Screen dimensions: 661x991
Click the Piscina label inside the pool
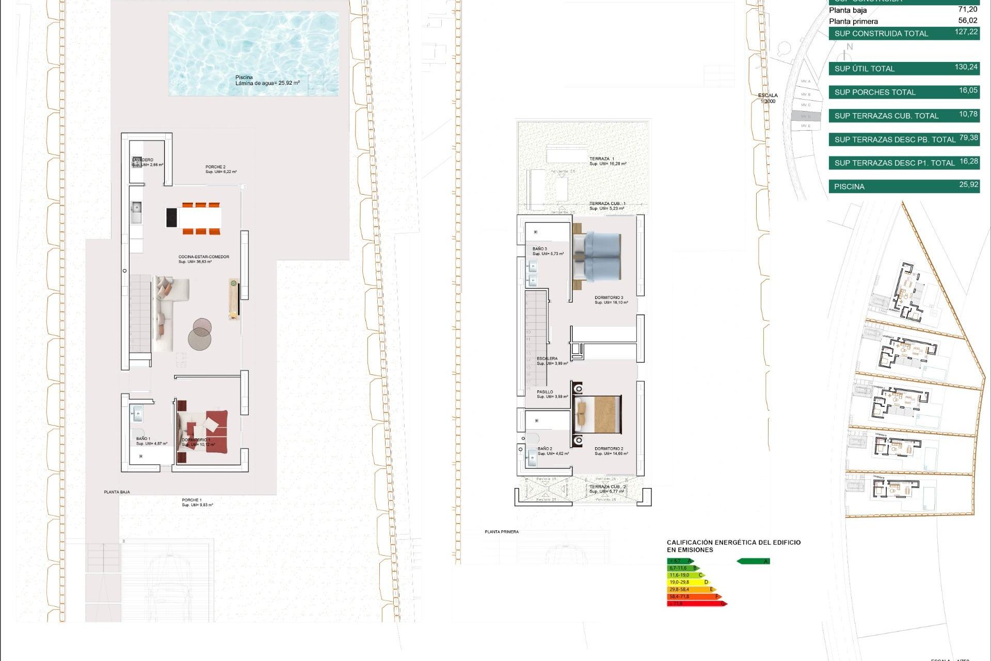[244, 77]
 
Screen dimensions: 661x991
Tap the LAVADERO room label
[143, 160]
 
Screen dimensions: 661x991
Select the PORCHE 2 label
[215, 167]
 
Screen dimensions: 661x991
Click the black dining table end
[171, 217]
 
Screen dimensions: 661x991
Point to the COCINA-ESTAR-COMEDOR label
[204, 257]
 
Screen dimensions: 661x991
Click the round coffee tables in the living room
[200, 334]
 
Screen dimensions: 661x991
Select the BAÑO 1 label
[143, 438]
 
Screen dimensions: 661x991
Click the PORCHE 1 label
[191, 500]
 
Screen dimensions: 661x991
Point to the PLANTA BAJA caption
[117, 492]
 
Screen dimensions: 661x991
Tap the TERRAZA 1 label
[602, 159]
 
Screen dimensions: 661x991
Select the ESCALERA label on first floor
[547, 358]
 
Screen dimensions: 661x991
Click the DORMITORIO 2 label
[609, 449]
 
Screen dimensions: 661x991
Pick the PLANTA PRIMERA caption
[502, 531]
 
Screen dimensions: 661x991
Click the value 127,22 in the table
[966, 32]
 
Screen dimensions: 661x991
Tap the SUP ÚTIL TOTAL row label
[865, 69]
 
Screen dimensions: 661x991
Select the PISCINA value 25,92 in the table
[968, 184]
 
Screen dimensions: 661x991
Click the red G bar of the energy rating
[697, 603]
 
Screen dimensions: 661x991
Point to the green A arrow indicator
[754, 561]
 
